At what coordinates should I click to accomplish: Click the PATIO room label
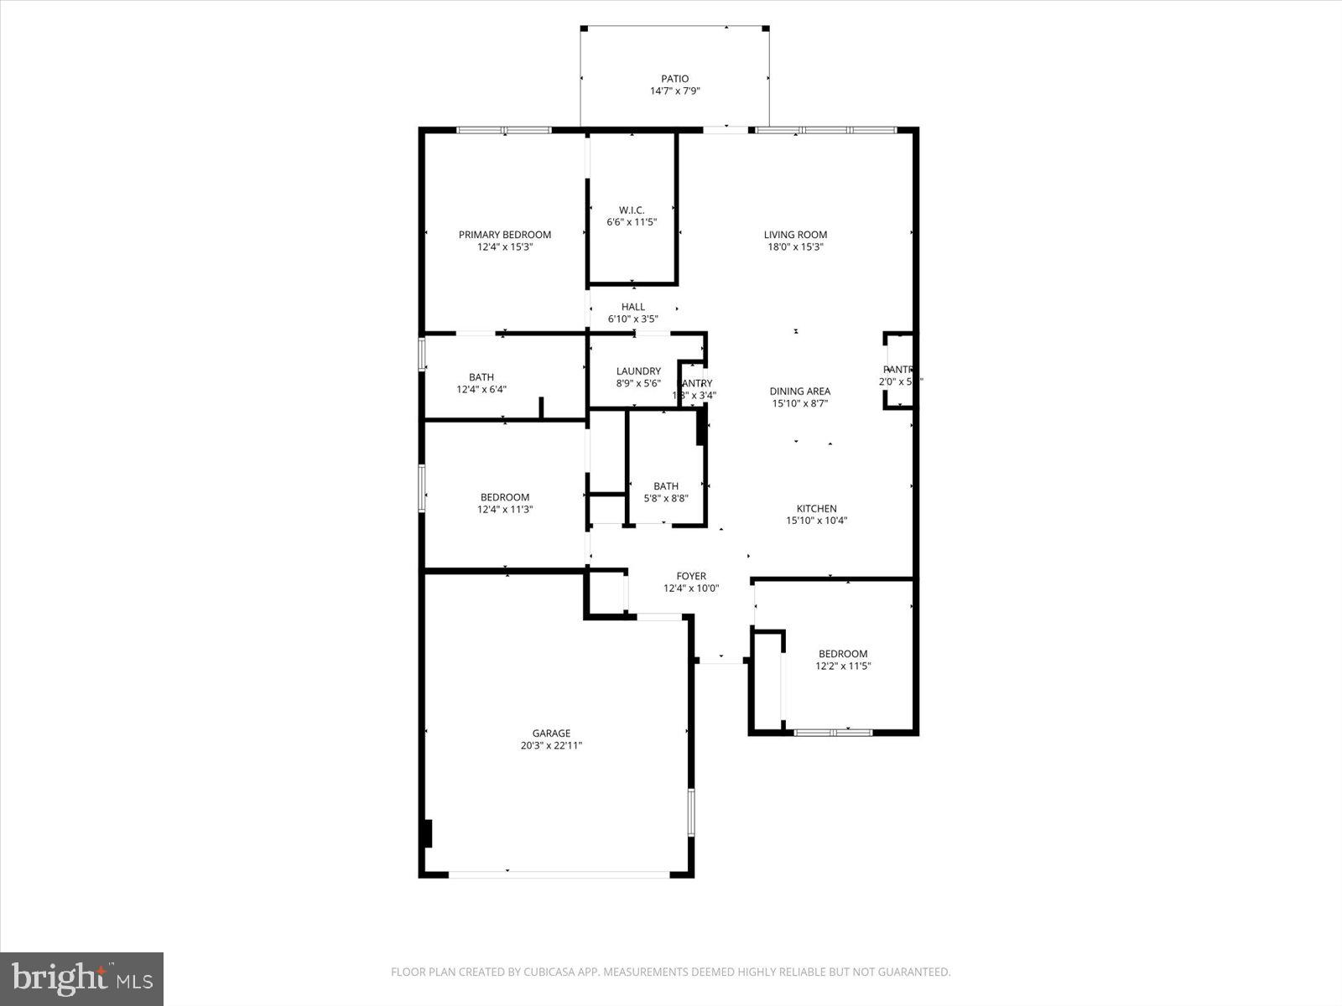(674, 79)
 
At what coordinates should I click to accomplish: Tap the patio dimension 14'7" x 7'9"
(674, 91)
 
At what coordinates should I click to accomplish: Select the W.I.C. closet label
(632, 210)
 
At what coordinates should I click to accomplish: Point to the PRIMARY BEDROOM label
(504, 235)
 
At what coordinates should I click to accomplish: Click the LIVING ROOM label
(795, 235)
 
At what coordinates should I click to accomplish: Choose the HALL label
(633, 307)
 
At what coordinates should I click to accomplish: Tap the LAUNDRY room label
(638, 371)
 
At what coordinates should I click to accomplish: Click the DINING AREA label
(800, 392)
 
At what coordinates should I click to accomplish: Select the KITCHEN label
(816, 509)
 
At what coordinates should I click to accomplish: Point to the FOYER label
(691, 576)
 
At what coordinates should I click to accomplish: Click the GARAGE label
(551, 734)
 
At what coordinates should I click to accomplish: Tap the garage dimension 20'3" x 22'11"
(551, 745)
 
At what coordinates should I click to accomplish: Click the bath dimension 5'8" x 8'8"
(666, 498)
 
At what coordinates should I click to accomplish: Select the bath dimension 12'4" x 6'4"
(481, 389)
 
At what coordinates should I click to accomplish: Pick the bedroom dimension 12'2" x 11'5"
(843, 666)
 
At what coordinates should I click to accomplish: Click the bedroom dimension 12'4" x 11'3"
(505, 509)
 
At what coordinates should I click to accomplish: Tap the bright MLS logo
(81, 978)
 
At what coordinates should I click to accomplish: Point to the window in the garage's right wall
(691, 812)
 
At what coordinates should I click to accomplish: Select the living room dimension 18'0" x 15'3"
(795, 247)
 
